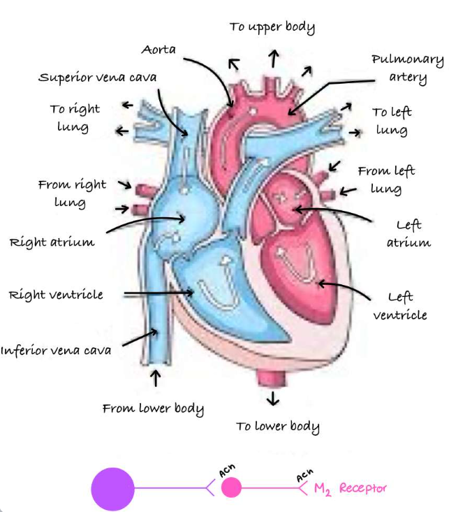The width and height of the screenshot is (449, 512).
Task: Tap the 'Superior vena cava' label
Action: pos(98,77)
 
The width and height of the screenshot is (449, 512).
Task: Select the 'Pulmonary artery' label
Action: pos(407,68)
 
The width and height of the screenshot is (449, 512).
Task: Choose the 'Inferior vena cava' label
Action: pos(56,350)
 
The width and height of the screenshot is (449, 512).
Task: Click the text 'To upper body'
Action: pos(272,27)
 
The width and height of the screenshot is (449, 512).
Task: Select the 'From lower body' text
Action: pos(154,409)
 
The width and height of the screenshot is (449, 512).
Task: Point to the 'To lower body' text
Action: pos(277,427)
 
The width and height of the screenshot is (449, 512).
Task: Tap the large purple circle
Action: pos(112,488)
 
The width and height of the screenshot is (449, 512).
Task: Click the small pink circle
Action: pos(231,487)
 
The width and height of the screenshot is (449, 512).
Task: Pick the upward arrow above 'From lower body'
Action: pos(156,379)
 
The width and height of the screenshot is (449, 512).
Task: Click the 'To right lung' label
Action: pos(74,117)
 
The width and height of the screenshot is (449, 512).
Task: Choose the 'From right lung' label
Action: pos(72,193)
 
